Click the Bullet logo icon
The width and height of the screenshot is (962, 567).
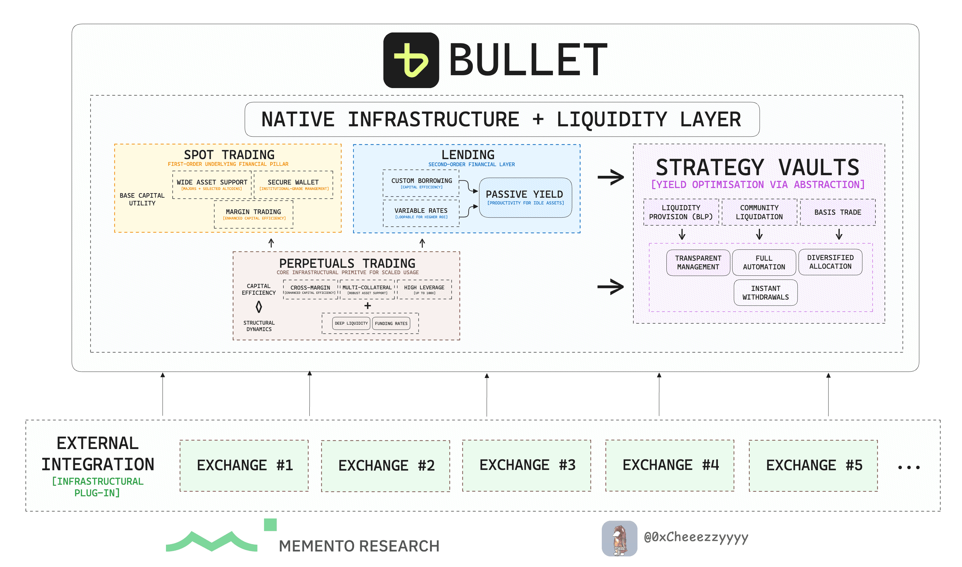coord(411,60)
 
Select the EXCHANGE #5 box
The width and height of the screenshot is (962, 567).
coord(813,465)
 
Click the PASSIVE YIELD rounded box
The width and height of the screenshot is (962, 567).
coord(525,198)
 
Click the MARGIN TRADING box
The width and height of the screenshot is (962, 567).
coord(253,214)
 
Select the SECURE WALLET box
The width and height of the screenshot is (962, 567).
coord(293,184)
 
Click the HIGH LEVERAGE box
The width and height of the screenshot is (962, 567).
coord(424,289)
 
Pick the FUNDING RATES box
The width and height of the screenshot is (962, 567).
coord(391,323)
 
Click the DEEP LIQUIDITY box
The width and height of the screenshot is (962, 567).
coord(351,323)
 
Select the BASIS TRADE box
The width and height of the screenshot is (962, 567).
coord(838,212)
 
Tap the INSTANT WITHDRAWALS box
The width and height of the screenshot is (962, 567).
coord(765,293)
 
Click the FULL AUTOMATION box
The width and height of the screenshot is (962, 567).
coord(764,263)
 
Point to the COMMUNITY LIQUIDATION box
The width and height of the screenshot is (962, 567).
coord(759,212)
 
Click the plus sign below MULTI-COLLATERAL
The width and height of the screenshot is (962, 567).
coord(368,306)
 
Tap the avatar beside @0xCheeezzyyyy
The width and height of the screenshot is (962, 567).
coord(619,538)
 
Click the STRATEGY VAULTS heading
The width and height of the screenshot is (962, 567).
coord(757,167)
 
